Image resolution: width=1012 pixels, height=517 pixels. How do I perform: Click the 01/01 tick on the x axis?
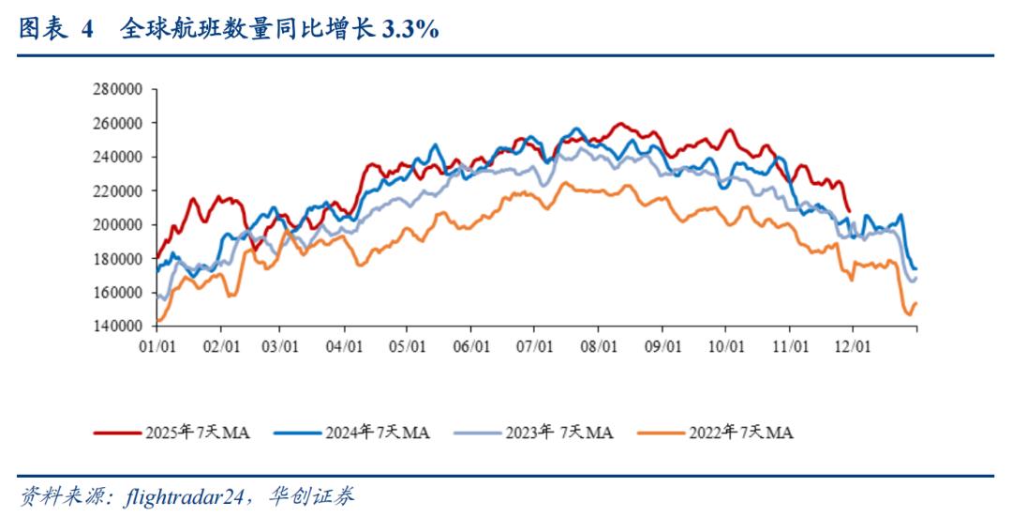click(x=156, y=345)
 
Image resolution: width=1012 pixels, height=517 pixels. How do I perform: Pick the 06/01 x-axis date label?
click(x=471, y=345)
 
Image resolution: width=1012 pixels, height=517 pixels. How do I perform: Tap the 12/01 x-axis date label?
click(x=853, y=345)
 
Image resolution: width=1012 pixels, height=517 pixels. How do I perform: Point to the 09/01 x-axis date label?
click(x=662, y=345)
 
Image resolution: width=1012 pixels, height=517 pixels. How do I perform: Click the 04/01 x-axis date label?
click(x=345, y=345)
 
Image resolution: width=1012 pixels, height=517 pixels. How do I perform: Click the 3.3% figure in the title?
click(x=410, y=30)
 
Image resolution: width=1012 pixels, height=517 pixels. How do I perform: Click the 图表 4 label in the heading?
click(x=56, y=30)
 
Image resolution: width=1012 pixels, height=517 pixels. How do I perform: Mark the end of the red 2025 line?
click(x=849, y=211)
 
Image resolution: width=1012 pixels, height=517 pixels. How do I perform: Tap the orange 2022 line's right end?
click(x=915, y=303)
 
